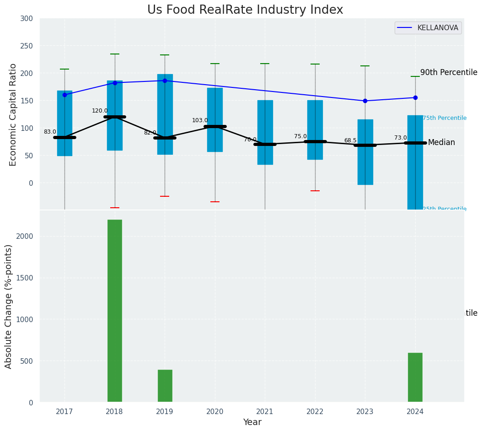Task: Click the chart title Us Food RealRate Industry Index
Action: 245,10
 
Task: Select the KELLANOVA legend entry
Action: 428,28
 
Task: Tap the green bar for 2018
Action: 115,311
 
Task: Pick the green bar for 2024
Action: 415,377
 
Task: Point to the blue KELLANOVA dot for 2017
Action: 64,95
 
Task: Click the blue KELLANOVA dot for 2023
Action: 365,101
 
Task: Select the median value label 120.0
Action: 100,111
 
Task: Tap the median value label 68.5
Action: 350,140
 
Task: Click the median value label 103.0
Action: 200,120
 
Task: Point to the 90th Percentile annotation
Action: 449,72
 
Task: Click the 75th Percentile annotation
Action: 445,118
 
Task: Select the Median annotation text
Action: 441,143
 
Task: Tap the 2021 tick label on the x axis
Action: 265,412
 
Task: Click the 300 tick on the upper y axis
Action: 27,18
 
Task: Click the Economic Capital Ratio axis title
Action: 13,114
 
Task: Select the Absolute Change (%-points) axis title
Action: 9,306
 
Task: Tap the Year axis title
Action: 252,422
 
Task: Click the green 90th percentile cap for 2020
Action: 215,64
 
